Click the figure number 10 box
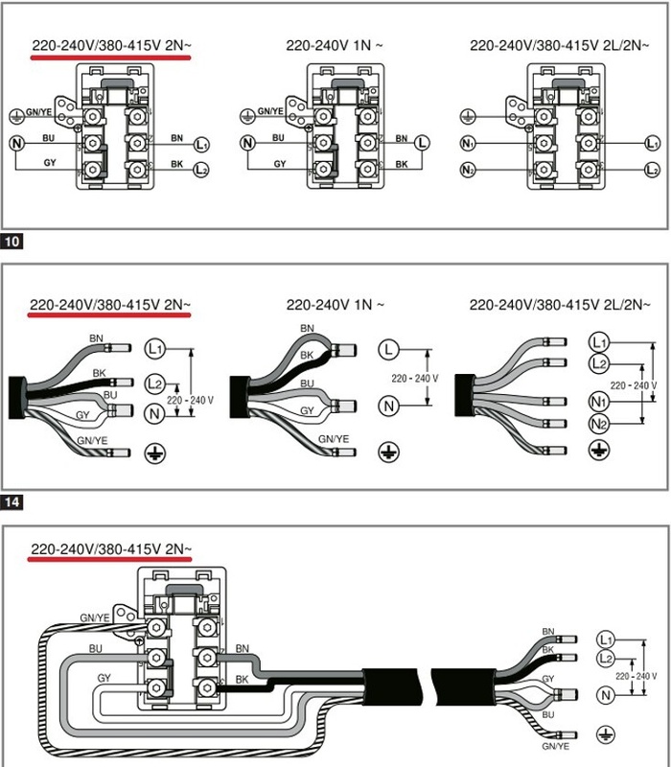(x=12, y=241)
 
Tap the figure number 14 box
(x=12, y=500)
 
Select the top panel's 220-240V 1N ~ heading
(x=335, y=45)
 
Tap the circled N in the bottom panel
(x=605, y=693)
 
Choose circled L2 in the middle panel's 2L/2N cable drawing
(x=599, y=363)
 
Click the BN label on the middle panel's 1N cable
(x=308, y=329)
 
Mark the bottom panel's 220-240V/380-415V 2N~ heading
(x=110, y=549)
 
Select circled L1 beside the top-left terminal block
(x=201, y=145)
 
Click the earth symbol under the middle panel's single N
(x=388, y=449)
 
